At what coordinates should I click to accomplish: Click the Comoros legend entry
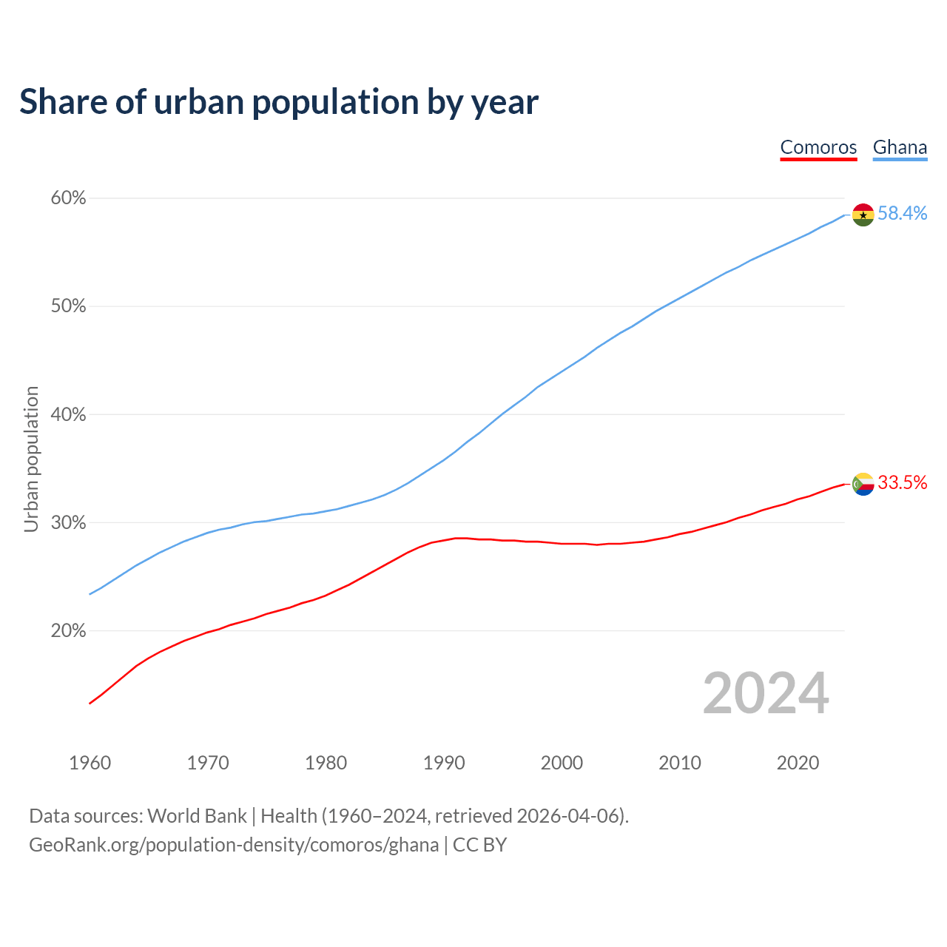click(818, 147)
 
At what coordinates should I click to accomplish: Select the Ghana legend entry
click(900, 147)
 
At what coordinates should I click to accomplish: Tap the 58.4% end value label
click(902, 213)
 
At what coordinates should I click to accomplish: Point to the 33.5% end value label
click(902, 483)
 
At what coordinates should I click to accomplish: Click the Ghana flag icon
click(863, 215)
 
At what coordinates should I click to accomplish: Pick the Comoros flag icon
click(863, 484)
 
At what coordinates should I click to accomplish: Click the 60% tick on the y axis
click(69, 198)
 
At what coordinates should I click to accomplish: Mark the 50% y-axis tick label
click(69, 306)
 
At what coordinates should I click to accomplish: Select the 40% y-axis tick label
click(69, 414)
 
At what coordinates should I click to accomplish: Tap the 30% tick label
click(69, 523)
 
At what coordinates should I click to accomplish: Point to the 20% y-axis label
click(69, 631)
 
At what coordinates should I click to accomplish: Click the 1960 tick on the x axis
click(90, 763)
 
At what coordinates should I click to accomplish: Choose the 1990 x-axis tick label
click(444, 763)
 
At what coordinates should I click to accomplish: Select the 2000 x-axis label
click(562, 763)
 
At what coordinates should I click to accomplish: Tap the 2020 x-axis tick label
click(798, 763)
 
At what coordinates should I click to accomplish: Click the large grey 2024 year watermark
click(766, 694)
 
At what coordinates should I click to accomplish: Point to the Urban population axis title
click(31, 459)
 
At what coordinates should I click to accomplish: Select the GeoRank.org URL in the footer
click(234, 845)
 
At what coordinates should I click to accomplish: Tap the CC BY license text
click(479, 845)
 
